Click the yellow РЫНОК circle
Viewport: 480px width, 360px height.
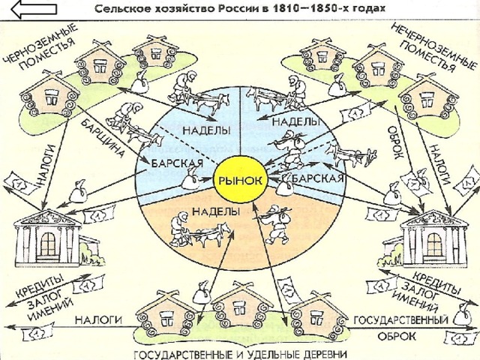(240, 181)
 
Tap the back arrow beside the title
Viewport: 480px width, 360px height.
(34, 9)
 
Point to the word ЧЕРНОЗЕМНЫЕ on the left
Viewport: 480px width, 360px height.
(39, 43)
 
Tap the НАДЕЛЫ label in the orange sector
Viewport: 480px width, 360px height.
(216, 211)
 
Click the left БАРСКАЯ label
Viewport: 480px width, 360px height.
(177, 163)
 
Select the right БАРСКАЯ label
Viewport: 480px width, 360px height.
(317, 178)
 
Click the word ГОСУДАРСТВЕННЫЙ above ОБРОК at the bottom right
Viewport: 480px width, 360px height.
(401, 320)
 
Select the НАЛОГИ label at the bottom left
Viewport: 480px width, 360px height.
(98, 320)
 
